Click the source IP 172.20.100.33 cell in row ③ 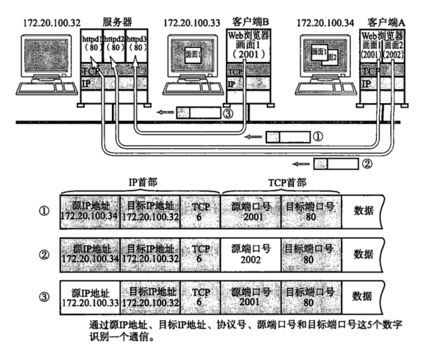[90, 296]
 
